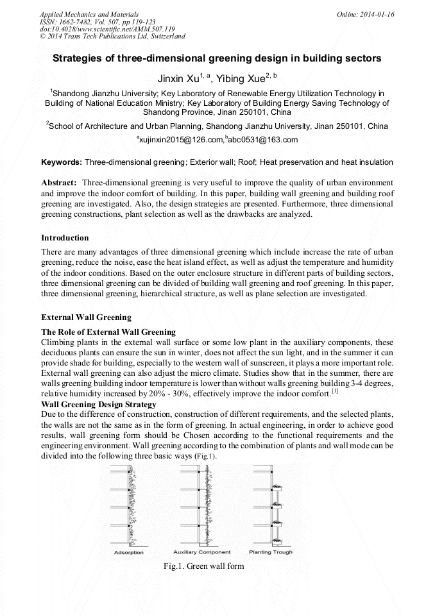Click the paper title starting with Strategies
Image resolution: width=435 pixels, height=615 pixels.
pos(217,58)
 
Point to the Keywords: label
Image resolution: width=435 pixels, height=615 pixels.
pos(62,162)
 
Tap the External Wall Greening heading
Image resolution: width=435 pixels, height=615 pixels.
pos(86,317)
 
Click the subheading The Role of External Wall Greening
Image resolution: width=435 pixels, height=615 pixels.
pos(108,332)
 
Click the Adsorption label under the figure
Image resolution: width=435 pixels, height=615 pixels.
pos(129,552)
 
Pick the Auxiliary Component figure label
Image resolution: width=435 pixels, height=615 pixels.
pos(201,552)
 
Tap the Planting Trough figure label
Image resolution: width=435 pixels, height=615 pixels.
pos(271,552)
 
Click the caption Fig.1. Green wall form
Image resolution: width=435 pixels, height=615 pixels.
pos(203,566)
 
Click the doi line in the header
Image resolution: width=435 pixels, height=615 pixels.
pos(107,29)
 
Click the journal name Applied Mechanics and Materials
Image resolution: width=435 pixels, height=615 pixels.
pos(89,14)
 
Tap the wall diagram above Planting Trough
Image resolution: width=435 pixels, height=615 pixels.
pos(269,507)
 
